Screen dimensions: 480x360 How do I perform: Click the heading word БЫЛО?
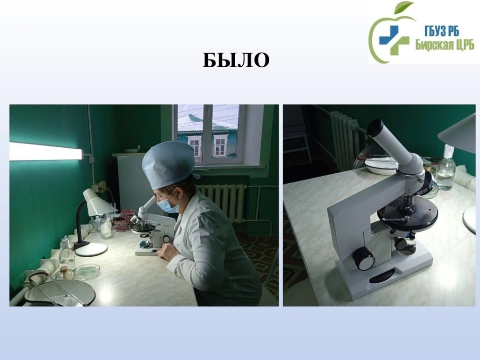[x=236, y=60]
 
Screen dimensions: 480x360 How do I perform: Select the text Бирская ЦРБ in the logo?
[x=444, y=45]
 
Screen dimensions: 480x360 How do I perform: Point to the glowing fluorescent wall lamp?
[x=46, y=151]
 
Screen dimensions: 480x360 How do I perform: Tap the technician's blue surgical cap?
[x=168, y=164]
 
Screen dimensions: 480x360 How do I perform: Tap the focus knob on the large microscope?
[x=363, y=258]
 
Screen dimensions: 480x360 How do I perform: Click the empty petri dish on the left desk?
[x=87, y=271]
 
